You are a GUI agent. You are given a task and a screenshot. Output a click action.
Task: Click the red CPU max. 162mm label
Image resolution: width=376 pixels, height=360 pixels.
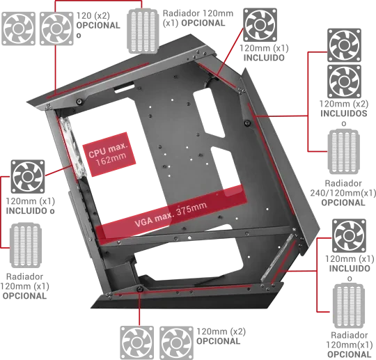(x=109, y=154)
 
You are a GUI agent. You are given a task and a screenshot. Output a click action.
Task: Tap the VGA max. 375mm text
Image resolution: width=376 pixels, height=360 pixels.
(x=171, y=214)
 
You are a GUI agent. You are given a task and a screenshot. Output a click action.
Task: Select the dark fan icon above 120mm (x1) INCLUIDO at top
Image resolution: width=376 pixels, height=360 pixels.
(x=260, y=24)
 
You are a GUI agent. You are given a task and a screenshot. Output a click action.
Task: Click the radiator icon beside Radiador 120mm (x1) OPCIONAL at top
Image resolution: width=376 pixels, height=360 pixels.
(x=143, y=31)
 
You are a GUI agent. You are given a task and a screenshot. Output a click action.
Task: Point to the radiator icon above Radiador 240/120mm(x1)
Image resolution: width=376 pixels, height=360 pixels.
(x=343, y=152)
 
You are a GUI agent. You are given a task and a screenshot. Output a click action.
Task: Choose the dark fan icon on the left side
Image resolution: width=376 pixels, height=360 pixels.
(x=28, y=177)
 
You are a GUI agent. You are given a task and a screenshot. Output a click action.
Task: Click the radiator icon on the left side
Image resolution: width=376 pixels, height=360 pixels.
(x=26, y=245)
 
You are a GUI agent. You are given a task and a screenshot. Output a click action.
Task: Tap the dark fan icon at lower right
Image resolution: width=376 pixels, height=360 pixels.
(x=349, y=235)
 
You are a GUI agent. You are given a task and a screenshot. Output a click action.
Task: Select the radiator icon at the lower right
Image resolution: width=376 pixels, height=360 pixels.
(x=349, y=306)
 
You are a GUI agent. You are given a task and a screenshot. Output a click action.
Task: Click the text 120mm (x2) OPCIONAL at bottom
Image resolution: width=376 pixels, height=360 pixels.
(x=221, y=336)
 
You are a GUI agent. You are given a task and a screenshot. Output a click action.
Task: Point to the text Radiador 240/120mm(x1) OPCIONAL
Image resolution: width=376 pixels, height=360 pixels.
(x=343, y=193)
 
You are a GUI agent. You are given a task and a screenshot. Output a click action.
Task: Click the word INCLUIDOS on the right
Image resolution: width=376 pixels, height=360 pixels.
(x=344, y=114)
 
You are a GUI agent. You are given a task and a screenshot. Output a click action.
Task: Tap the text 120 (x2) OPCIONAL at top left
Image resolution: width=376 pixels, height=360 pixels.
(x=98, y=25)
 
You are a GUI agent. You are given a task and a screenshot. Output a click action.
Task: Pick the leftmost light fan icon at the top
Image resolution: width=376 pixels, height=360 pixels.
(x=18, y=29)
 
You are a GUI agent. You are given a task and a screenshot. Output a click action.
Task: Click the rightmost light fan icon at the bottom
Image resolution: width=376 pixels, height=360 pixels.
(x=176, y=343)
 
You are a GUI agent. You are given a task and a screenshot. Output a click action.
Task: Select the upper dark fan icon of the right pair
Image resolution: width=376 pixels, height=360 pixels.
(x=345, y=45)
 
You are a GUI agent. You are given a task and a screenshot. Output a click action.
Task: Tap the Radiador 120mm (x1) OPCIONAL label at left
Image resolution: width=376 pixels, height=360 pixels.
(x=24, y=286)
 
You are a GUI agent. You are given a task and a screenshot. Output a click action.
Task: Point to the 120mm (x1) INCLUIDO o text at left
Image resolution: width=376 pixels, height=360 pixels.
(x=31, y=206)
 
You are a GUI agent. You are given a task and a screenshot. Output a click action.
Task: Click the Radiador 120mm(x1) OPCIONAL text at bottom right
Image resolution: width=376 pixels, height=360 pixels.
(x=350, y=345)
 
